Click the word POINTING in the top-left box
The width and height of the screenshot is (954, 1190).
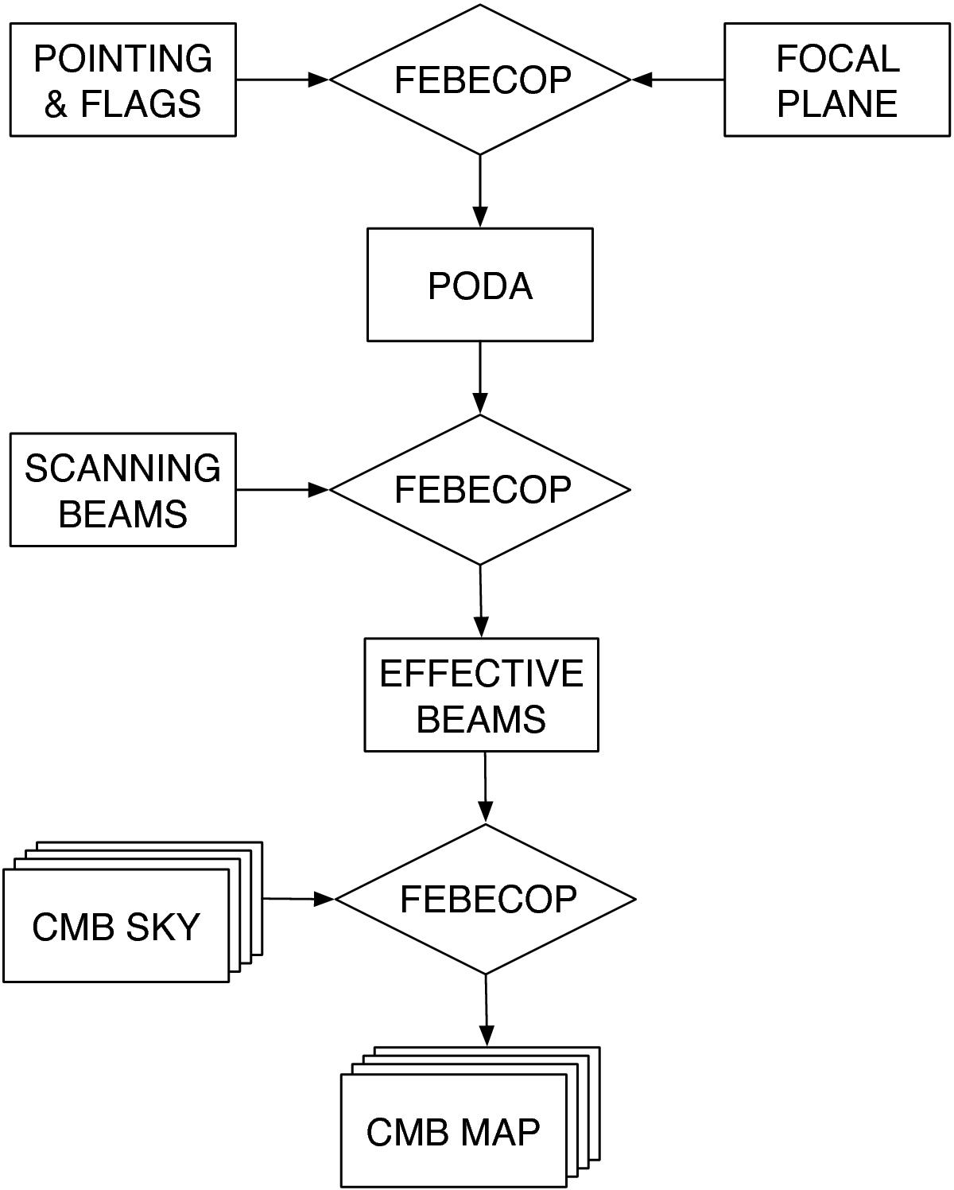[123, 58]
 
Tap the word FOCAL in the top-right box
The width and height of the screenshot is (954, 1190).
[837, 58]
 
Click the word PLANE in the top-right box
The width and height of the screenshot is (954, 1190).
[837, 104]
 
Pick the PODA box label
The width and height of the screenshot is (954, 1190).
[480, 286]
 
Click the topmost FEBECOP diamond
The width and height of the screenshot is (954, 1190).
[482, 80]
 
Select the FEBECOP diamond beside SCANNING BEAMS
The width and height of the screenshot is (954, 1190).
[482, 489]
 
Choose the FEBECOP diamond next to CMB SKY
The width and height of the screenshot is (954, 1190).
[487, 899]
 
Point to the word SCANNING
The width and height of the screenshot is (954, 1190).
[123, 468]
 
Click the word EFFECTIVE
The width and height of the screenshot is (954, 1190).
[482, 674]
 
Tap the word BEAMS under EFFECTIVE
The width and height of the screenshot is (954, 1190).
[482, 719]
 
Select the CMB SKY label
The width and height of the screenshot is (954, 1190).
[116, 927]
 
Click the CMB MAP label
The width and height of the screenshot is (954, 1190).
[453, 1131]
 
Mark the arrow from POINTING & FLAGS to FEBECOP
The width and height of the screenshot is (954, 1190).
[282, 80]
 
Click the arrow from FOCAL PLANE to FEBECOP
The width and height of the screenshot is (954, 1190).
[678, 80]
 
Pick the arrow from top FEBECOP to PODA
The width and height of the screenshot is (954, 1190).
[480, 191]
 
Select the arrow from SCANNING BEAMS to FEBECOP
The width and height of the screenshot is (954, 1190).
[282, 489]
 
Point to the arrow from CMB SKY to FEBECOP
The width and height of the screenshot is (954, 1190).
[298, 899]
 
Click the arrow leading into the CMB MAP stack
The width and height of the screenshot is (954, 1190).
[487, 1010]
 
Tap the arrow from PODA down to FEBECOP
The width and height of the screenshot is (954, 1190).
[480, 378]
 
